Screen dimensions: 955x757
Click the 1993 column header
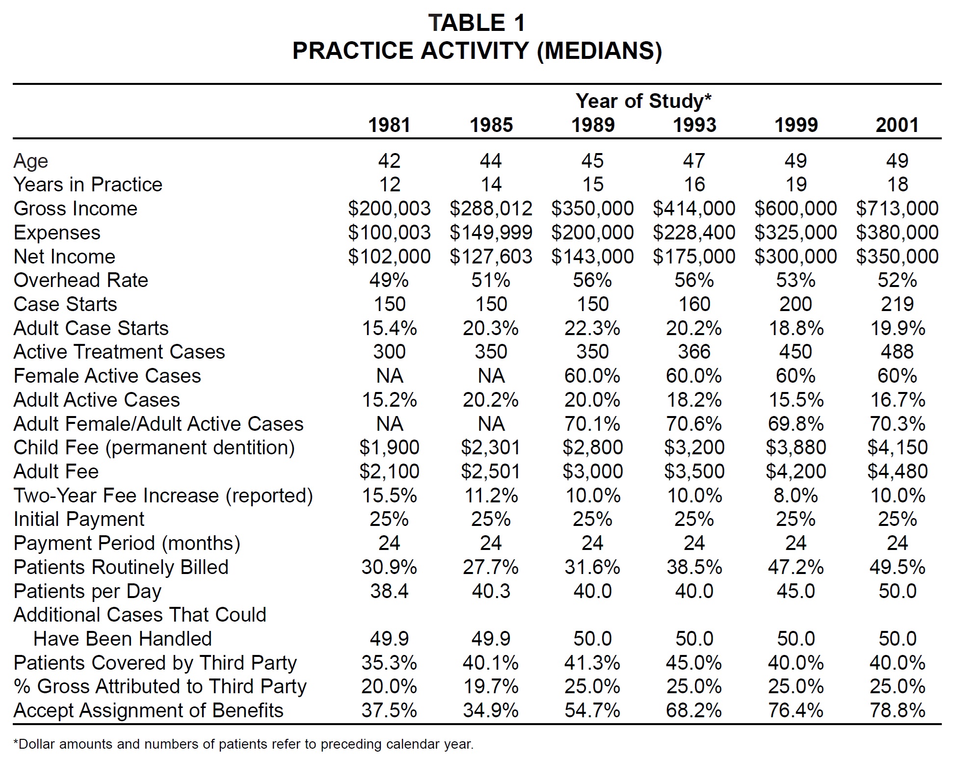[694, 125]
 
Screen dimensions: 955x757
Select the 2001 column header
[897, 125]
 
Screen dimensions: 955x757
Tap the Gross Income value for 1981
[389, 209]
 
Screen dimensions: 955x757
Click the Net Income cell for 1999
[796, 257]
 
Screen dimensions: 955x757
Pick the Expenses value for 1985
[491, 233]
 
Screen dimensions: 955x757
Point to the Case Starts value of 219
[897, 304]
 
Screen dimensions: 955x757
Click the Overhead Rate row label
[81, 280]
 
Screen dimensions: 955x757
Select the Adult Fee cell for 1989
[592, 471]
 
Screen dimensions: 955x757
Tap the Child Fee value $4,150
[897, 447]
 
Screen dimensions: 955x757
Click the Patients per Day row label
[87, 592]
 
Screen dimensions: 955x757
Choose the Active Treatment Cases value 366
[694, 352]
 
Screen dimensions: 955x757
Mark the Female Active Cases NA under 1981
[389, 376]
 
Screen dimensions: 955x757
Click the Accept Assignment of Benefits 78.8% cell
[897, 710]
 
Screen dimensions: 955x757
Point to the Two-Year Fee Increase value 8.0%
[796, 496]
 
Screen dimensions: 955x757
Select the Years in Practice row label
[88, 184]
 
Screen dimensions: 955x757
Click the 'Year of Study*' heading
[643, 101]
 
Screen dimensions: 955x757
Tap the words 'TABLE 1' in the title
[477, 23]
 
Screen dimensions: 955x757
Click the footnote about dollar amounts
[243, 744]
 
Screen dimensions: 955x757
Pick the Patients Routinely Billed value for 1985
[491, 567]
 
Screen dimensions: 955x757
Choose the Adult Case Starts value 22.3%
[592, 328]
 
